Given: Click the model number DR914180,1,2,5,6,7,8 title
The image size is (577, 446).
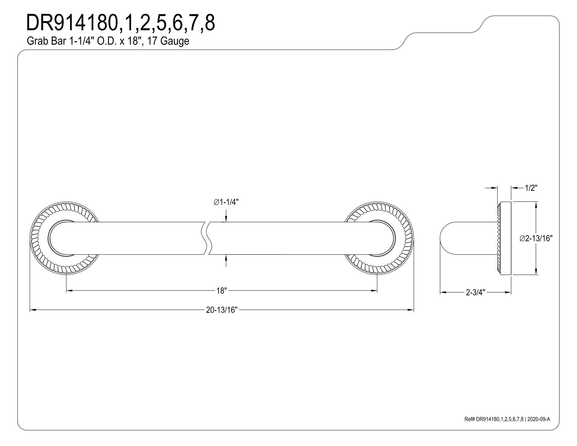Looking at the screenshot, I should (x=121, y=23).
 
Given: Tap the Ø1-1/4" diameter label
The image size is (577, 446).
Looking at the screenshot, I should (x=228, y=202).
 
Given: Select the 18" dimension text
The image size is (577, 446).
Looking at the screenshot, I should (x=222, y=291).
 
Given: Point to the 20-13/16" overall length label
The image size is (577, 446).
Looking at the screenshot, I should (x=222, y=310).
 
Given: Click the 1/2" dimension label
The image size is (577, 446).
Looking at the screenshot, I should (x=531, y=188).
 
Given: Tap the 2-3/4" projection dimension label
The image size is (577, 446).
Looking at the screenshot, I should (x=476, y=292).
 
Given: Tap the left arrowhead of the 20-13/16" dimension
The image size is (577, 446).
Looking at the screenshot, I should (x=33, y=310).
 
